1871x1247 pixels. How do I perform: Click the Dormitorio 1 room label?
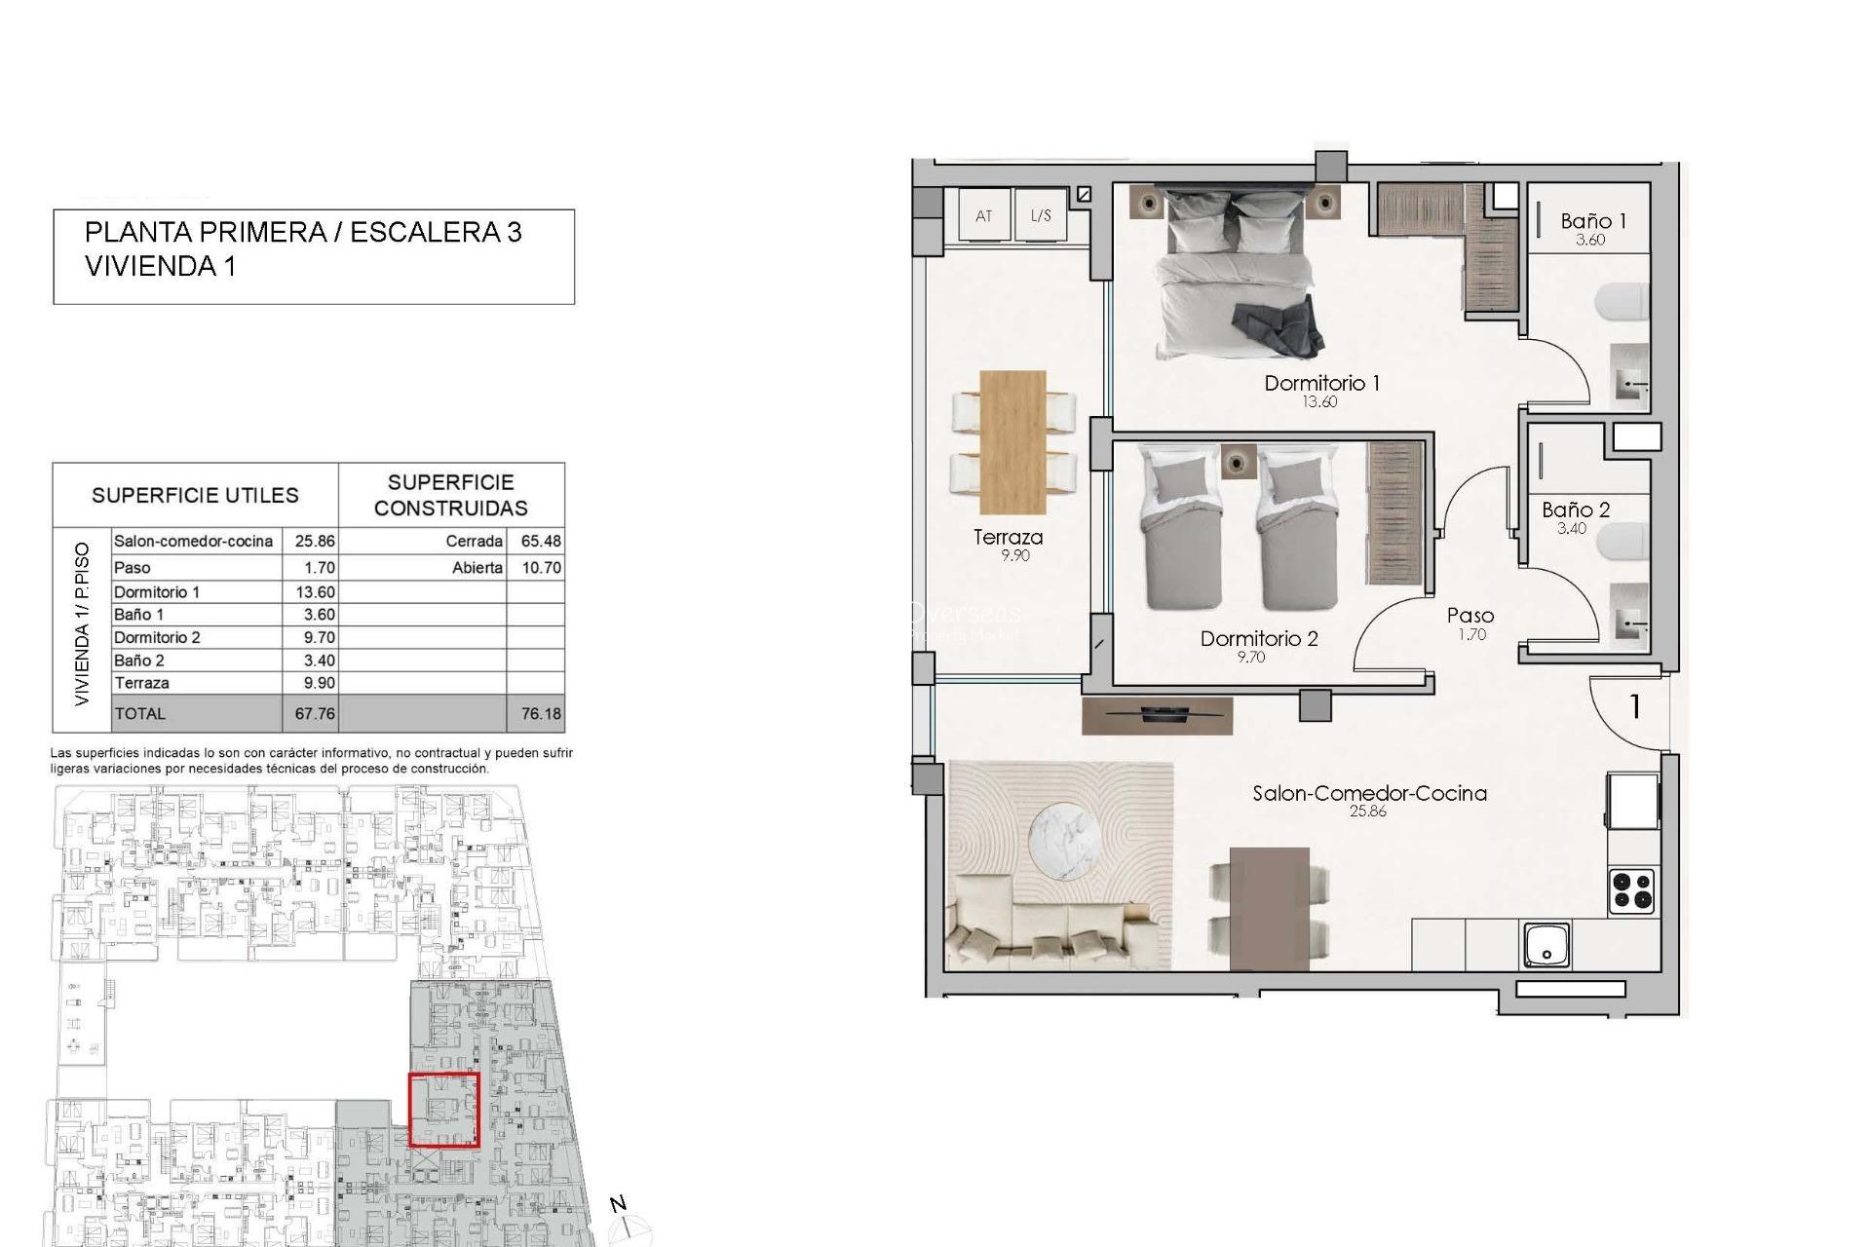(x=1321, y=383)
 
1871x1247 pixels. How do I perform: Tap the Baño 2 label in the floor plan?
(x=1576, y=510)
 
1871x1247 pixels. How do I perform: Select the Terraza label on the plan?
(x=1008, y=537)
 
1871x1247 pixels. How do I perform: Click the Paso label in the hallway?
(x=1470, y=616)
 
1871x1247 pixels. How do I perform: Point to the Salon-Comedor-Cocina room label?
(x=1369, y=793)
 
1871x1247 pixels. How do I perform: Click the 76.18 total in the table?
(x=541, y=713)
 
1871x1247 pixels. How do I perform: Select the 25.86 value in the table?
(x=315, y=541)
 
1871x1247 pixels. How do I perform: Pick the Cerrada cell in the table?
(x=475, y=541)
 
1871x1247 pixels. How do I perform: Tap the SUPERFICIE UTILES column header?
(x=195, y=495)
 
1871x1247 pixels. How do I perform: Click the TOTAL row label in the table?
(x=140, y=713)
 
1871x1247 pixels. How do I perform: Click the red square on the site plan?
(x=444, y=1110)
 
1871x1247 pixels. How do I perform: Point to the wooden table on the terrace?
(x=1013, y=441)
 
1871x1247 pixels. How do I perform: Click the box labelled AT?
(x=983, y=215)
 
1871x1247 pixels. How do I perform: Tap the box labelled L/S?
(x=1041, y=215)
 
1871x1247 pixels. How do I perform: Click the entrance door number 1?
(x=1635, y=706)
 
